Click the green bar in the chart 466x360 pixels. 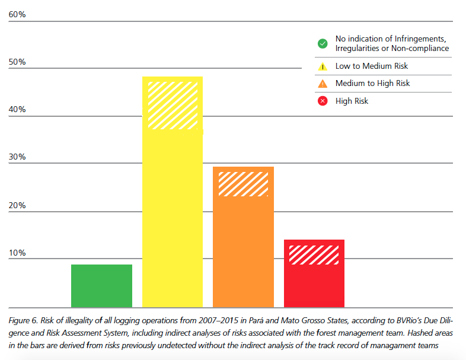coord(101,286)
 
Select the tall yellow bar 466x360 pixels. coord(172,219)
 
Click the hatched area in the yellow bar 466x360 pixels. coord(172,106)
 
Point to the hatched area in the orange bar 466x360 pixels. coord(243,184)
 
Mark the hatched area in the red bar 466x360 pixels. coord(314,254)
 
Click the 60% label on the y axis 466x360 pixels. coord(17,14)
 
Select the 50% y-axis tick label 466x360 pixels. coord(17,62)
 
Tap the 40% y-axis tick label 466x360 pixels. coord(17,110)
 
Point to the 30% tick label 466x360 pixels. coord(17,157)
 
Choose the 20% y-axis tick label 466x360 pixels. coord(17,206)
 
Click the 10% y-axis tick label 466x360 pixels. coord(17,253)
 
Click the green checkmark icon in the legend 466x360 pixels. coord(323,43)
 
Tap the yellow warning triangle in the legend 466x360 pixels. coord(323,66)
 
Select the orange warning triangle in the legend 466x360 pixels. coord(323,84)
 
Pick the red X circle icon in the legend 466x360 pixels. coord(323,101)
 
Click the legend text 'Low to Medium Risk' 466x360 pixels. coord(371,66)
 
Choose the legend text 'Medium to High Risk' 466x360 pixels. coord(372,84)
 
